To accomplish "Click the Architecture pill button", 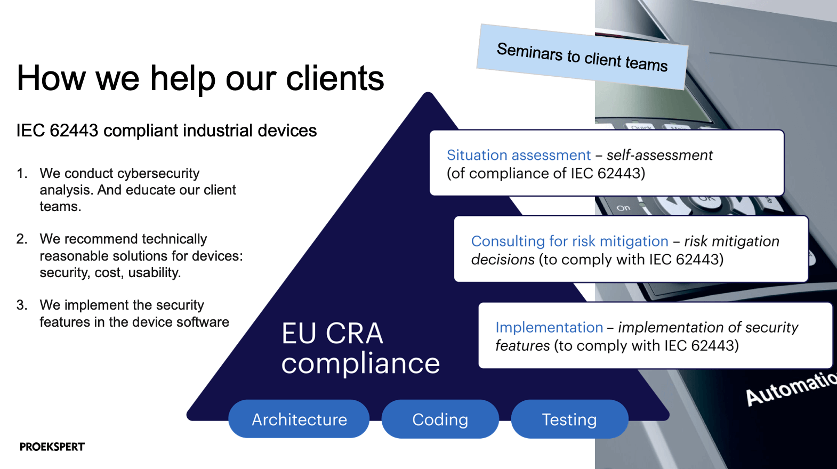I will coord(299,419).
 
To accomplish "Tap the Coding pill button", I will coord(440,419).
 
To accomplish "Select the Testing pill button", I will coord(569,419).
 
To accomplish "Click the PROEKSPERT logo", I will coord(52,447).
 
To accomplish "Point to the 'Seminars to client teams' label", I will coord(582,57).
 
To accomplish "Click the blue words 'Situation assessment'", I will coord(519,155).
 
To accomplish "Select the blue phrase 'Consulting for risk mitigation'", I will coord(569,241).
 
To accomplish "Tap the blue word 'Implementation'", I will coord(549,327).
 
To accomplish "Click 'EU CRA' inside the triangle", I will coord(332,334).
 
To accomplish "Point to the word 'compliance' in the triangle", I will coord(360,363).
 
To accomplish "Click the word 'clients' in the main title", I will coord(335,78).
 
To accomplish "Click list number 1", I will coord(21,174).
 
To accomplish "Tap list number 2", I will coord(21,239).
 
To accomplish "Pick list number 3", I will coord(21,305).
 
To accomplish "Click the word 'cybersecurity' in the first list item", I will coord(158,174).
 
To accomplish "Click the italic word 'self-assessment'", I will coord(659,155).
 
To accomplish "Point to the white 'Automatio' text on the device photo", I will coord(791,389).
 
